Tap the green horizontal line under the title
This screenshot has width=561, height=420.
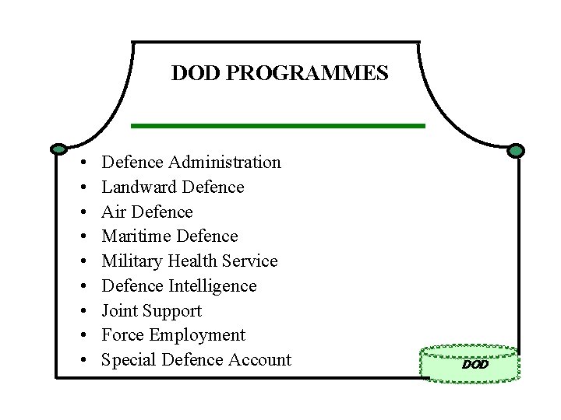277,125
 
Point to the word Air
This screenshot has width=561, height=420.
114,212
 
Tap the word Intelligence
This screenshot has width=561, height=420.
211,286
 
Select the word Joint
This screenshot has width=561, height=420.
119,311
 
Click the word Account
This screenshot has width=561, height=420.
259,360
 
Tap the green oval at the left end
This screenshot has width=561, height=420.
58,149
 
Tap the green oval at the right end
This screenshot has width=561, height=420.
517,151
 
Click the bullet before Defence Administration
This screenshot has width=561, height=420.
82,163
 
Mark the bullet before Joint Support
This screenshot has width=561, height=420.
82,312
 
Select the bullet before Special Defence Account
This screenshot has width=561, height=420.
82,361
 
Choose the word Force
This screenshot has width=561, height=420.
122,336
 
